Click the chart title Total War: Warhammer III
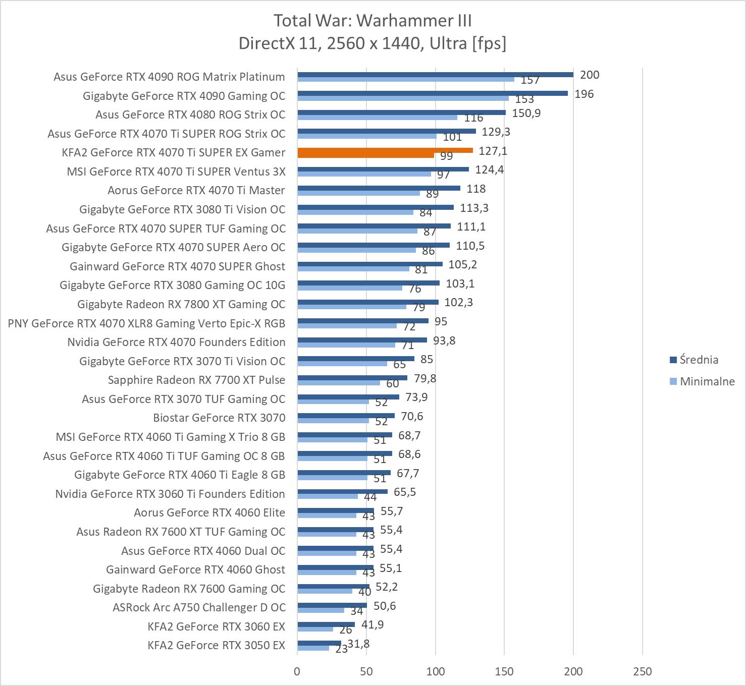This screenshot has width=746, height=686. (372, 21)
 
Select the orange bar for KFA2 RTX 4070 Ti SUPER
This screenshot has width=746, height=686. (385, 150)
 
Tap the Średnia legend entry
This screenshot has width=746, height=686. (699, 360)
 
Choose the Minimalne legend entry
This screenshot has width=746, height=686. (707, 381)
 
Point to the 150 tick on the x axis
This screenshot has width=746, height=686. (504, 671)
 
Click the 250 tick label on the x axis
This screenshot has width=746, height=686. (642, 671)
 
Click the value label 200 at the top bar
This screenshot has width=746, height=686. (590, 75)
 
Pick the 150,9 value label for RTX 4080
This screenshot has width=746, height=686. (526, 113)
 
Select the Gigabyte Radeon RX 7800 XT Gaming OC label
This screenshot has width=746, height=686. (181, 304)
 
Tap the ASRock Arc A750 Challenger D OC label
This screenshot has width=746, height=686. (199, 607)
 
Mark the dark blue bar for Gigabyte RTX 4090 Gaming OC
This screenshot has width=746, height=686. (433, 93)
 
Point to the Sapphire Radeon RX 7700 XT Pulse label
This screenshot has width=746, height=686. (196, 380)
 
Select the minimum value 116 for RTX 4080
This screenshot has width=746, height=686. (473, 118)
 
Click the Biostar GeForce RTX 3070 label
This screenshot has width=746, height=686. (219, 418)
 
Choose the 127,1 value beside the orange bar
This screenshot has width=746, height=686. (493, 151)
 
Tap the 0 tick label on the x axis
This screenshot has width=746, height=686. (297, 671)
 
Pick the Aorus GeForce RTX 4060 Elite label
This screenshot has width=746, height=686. (209, 512)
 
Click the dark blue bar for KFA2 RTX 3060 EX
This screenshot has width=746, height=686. (326, 624)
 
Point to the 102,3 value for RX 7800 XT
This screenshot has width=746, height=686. (458, 303)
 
